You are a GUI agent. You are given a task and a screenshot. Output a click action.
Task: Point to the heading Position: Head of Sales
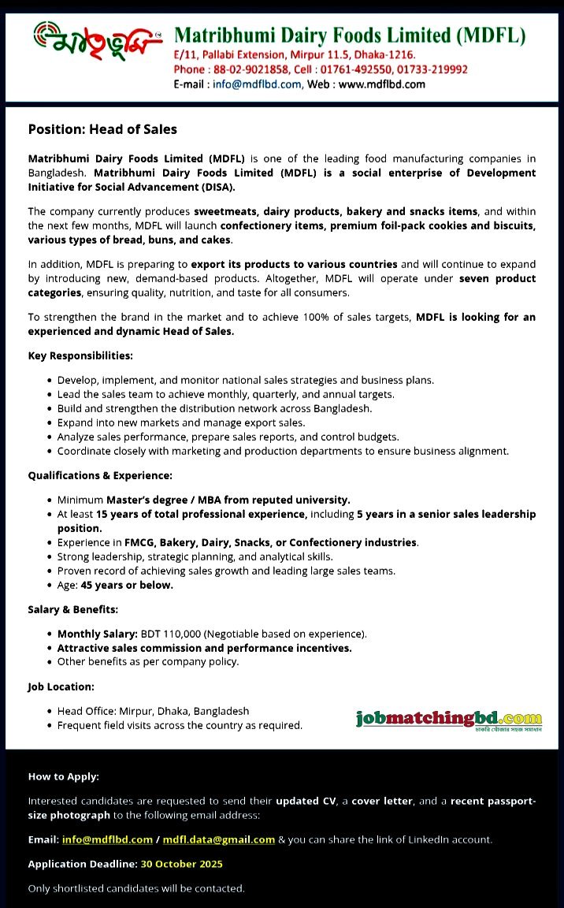point(102,129)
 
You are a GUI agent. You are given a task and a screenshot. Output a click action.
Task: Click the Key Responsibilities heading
point(80,356)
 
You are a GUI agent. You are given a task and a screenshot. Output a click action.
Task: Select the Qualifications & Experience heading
point(100,475)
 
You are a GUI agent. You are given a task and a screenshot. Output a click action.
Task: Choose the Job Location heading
point(61,687)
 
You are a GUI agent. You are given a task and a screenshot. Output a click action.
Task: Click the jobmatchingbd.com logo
point(449,718)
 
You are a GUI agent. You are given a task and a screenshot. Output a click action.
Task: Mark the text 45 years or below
point(127,585)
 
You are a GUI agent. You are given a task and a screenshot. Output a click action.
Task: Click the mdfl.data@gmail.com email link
point(219,839)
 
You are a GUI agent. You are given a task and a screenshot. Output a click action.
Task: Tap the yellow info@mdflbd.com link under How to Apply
point(107,839)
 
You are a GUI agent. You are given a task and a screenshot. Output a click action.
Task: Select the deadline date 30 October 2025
point(181,864)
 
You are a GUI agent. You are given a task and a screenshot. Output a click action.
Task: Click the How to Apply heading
point(64,776)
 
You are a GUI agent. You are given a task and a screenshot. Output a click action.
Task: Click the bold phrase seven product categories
point(497,279)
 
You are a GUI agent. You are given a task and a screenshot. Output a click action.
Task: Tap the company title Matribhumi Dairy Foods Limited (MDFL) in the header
point(350,35)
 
